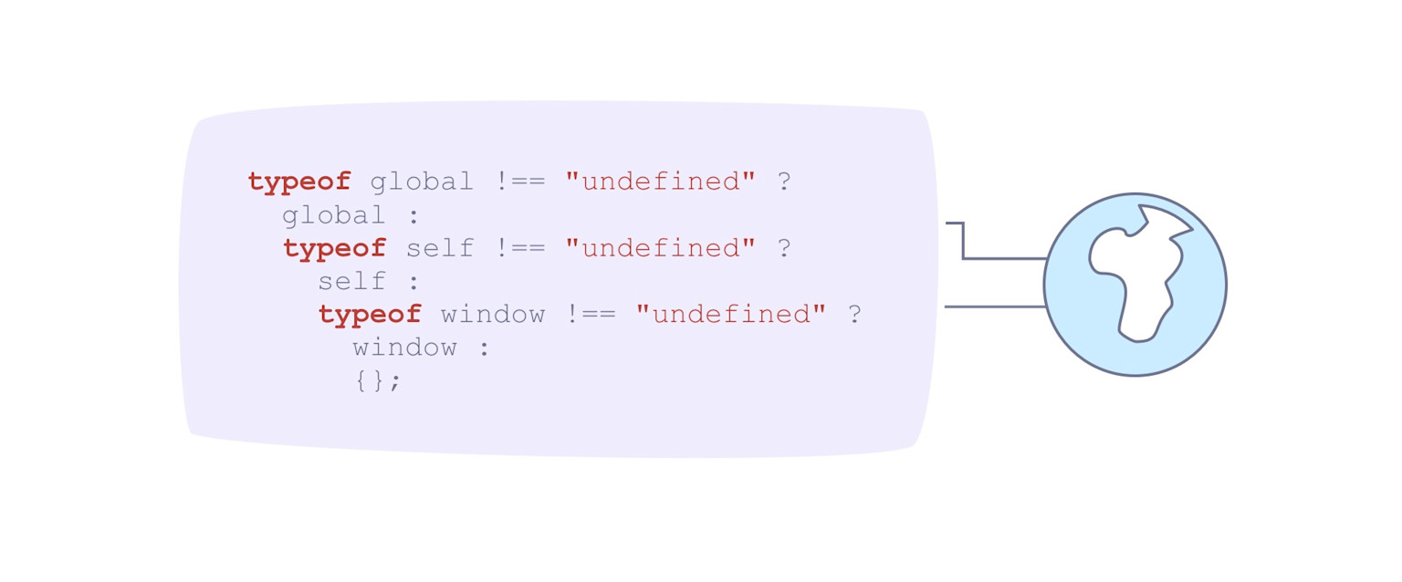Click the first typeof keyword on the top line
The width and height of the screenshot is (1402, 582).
(x=298, y=182)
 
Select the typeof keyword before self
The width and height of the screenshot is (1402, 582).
(x=334, y=248)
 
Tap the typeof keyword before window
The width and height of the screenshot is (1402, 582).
(x=370, y=315)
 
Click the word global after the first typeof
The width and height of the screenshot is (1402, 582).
(x=422, y=182)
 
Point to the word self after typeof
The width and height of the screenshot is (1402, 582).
(x=440, y=248)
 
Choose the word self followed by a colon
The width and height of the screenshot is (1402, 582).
(x=352, y=281)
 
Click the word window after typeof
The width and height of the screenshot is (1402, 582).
(x=493, y=315)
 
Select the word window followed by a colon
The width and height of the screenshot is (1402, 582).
(x=405, y=348)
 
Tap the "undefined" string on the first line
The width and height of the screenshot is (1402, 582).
(x=661, y=182)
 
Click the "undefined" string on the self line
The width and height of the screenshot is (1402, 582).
(x=661, y=248)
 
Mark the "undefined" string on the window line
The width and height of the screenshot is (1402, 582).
(x=731, y=315)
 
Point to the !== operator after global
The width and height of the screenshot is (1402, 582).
(x=520, y=182)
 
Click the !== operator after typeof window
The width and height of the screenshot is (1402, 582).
(x=591, y=315)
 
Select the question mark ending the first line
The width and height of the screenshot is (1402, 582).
(x=783, y=182)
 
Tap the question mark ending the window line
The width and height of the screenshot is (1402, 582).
(x=854, y=315)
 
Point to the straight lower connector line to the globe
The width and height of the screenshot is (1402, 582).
(x=995, y=307)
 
